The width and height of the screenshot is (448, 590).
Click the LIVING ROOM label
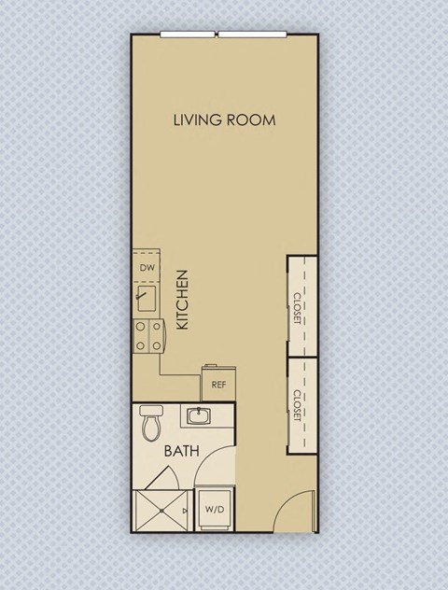(225, 120)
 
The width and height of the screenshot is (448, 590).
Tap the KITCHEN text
(183, 300)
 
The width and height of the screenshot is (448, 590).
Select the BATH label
(182, 451)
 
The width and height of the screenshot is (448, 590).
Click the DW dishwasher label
(147, 268)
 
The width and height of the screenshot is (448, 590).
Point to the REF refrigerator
(218, 384)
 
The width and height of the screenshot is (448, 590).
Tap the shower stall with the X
(161, 510)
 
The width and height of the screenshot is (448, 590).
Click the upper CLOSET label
(298, 307)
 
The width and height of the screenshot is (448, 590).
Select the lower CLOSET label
(298, 405)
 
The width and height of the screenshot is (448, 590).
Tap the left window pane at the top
(189, 35)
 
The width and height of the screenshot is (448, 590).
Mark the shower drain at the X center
(161, 511)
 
